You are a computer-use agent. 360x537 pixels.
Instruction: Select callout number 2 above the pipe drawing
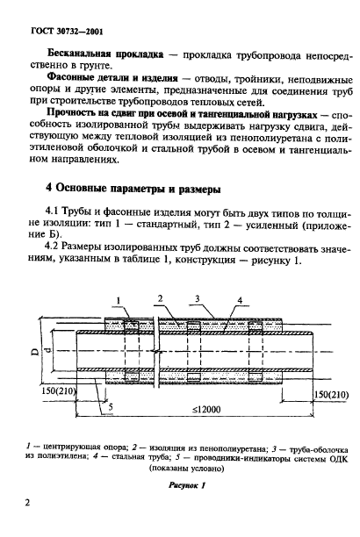158,299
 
